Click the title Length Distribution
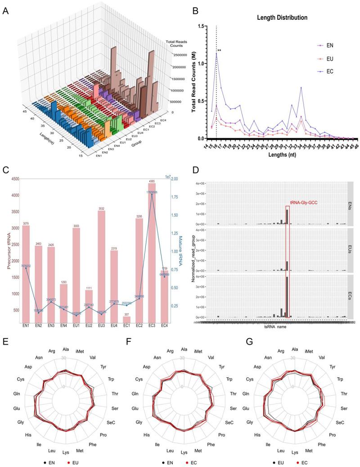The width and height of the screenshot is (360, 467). click(x=282, y=18)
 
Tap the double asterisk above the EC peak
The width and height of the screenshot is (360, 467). click(x=219, y=50)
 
